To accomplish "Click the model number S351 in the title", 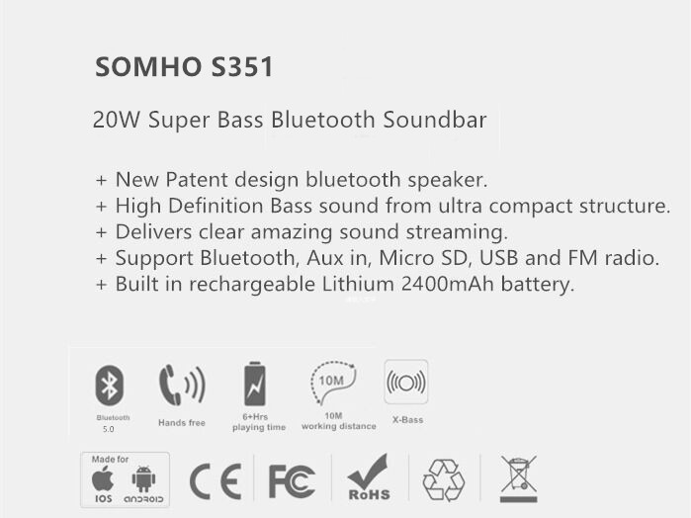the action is tap(242, 67).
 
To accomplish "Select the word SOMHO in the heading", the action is tap(148, 67).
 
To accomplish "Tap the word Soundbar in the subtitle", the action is tap(435, 120).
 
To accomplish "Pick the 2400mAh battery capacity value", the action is tap(447, 284).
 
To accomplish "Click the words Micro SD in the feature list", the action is tap(423, 258).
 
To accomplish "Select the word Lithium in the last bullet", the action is tap(358, 284).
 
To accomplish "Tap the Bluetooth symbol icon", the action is tap(110, 386).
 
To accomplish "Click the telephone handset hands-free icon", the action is tap(182, 385).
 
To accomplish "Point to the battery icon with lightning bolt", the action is tap(255, 384).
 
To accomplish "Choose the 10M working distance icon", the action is tap(333, 383).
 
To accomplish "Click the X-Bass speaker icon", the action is tap(406, 382).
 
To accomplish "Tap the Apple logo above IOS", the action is tap(103, 478).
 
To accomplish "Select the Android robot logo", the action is tap(143, 478).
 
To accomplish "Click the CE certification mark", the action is tap(216, 481).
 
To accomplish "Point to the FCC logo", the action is tap(292, 481).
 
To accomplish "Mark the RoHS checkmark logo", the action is tap(369, 477).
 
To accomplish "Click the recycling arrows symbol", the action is tap(443, 480).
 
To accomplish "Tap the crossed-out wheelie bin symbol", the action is tap(519, 478).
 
